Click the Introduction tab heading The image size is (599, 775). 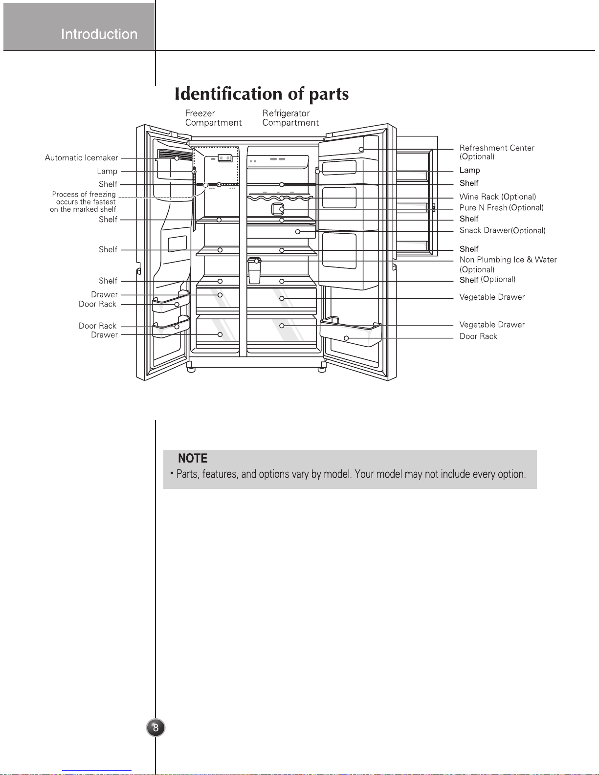pos(99,34)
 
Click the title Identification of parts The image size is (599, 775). pos(262,94)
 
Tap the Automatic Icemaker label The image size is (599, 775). pos(81,158)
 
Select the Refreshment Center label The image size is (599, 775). pos(496,148)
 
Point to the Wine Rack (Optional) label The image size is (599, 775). pos(497,197)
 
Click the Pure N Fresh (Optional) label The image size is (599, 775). pos(501,208)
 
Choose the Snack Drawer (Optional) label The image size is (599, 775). pos(502,231)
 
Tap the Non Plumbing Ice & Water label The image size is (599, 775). pos(508,260)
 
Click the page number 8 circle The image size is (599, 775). pos(155,728)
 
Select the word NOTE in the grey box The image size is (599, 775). pos(193,459)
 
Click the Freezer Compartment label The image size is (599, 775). pos(213,118)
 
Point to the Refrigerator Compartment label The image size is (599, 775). pos(290,118)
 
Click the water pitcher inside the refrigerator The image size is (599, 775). pos(254,272)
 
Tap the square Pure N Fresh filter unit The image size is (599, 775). pos(277,209)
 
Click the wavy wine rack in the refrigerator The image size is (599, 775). pos(281,198)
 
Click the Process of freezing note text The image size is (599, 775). pos(84,202)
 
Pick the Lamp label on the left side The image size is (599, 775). pos(107,172)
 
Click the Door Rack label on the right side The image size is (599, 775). pos(478,337)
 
